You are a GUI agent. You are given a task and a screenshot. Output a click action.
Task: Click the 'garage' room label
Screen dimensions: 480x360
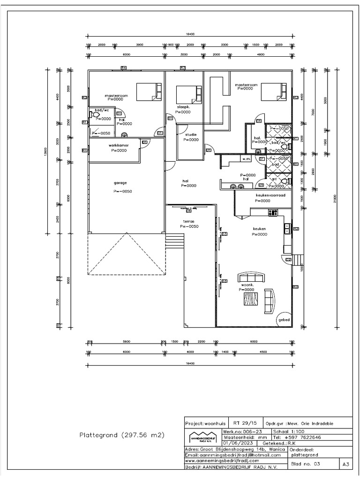(x=120, y=183)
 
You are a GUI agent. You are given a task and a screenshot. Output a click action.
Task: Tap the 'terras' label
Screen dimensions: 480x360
(x=188, y=221)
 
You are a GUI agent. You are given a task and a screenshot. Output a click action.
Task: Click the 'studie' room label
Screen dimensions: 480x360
(x=191, y=135)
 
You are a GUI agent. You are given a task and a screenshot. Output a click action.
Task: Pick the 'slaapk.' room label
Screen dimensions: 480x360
(x=184, y=107)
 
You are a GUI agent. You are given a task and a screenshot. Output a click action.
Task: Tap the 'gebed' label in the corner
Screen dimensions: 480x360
(x=284, y=320)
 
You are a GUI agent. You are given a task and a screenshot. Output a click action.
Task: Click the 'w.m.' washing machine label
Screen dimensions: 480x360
(x=246, y=159)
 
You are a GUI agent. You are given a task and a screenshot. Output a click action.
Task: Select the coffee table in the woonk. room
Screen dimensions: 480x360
(x=250, y=298)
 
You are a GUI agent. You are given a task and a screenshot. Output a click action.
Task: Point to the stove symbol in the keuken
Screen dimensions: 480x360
(x=272, y=213)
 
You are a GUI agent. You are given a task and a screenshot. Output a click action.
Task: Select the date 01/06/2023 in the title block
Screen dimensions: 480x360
(x=237, y=442)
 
